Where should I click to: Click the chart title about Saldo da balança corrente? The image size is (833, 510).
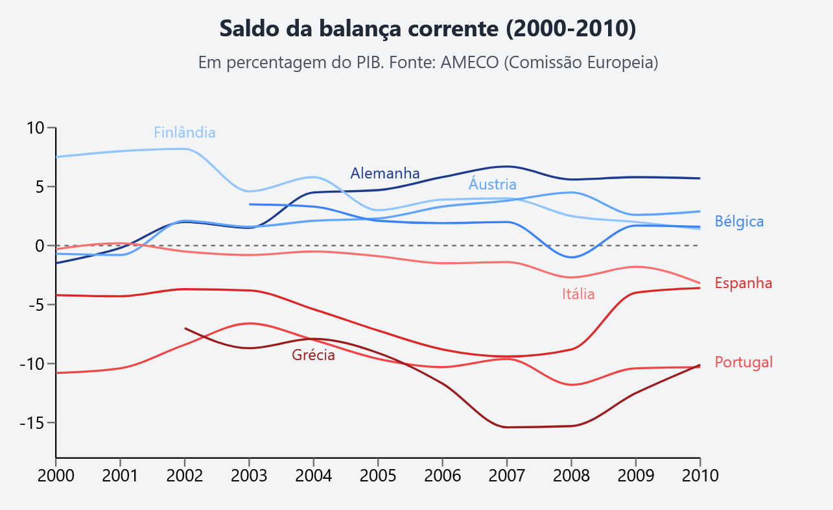tap(427, 29)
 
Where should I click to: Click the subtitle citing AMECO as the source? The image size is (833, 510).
tap(428, 63)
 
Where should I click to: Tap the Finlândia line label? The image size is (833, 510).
tap(184, 132)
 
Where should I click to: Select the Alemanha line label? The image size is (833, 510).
tap(385, 173)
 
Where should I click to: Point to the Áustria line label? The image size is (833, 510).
tap(492, 184)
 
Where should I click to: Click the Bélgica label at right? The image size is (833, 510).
tap(739, 221)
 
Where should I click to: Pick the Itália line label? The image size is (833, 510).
tap(578, 294)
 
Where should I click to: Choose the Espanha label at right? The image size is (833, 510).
tap(743, 283)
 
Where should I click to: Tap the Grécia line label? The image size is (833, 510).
tap(313, 355)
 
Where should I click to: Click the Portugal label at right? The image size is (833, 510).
tap(744, 362)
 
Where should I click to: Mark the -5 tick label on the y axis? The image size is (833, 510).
tap(36, 305)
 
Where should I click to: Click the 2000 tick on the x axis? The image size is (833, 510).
tap(56, 475)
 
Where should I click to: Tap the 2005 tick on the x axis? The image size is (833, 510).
tap(378, 475)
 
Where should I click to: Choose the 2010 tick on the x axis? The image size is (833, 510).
tap(700, 475)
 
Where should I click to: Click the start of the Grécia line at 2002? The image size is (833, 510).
tap(185, 328)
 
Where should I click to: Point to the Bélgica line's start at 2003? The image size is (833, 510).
tap(250, 204)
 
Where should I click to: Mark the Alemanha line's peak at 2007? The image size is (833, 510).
tap(507, 167)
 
